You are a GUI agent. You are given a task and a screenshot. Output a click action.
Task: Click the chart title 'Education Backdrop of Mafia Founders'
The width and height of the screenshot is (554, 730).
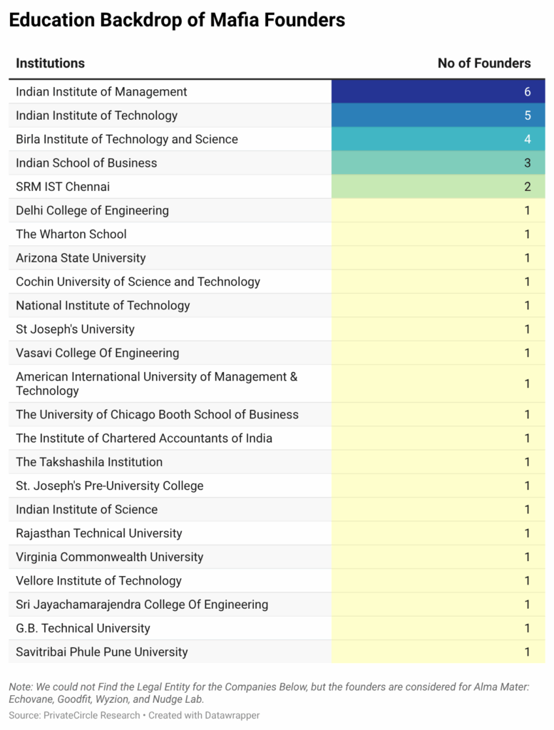177,21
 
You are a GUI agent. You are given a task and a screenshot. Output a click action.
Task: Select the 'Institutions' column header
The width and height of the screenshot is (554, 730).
50,63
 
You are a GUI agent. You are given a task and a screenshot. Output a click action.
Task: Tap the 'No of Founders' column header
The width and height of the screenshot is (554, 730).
484,63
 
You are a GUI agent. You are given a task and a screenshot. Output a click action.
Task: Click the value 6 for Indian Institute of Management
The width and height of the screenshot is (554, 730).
528,92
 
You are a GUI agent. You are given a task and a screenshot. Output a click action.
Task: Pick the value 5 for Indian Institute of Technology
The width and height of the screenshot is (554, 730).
528,115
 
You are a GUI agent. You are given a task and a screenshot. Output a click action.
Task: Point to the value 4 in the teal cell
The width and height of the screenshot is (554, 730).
528,139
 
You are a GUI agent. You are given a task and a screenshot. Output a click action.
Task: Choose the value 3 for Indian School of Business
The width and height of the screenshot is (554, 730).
528,163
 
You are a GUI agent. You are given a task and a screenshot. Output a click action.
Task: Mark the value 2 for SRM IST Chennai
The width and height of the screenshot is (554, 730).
528,186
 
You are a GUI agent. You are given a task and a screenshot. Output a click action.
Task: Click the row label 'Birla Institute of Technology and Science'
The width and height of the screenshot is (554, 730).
127,139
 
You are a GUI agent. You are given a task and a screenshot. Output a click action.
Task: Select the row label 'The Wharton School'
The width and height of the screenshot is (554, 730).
71,234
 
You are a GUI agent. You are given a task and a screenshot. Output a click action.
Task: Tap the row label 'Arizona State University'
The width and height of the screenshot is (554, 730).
81,257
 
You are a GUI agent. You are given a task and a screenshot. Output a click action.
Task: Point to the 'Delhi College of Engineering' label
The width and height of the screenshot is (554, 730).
93,210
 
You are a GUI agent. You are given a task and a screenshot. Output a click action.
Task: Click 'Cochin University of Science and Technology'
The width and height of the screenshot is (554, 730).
138,282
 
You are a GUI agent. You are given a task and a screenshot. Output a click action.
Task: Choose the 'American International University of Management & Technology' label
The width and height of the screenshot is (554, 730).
157,384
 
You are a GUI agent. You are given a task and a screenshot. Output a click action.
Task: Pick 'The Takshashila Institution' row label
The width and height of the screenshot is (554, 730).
89,462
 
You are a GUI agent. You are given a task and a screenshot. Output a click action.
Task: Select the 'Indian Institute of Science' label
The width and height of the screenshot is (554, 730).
87,509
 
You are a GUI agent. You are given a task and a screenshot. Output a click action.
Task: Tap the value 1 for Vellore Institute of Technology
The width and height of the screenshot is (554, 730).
528,580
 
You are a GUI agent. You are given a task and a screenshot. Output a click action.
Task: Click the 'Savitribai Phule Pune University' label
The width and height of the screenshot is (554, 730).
102,652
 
